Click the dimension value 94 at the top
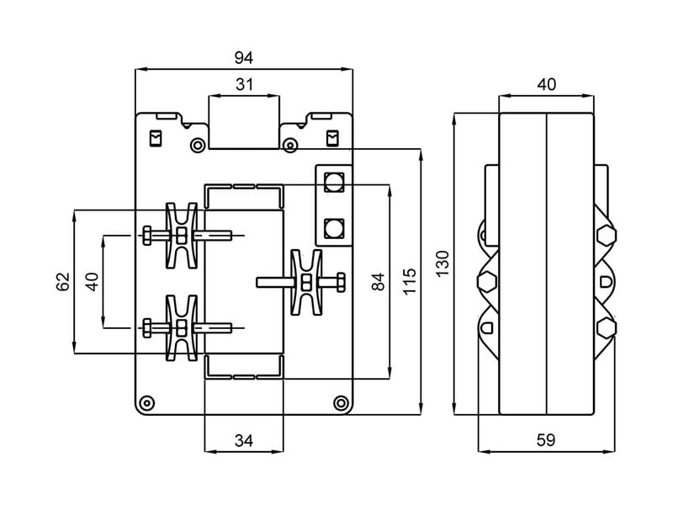pyautogui.click(x=244, y=58)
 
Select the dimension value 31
pyautogui.click(x=244, y=84)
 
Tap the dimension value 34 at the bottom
pyautogui.click(x=244, y=439)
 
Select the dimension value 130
pyautogui.click(x=443, y=263)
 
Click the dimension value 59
pyautogui.click(x=545, y=439)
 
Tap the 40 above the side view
pyautogui.click(x=547, y=84)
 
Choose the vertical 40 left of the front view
pyautogui.click(x=93, y=280)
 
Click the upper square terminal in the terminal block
pyautogui.click(x=334, y=181)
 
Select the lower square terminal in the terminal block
pyautogui.click(x=334, y=227)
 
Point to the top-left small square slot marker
pyautogui.click(x=155, y=137)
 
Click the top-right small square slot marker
pyautogui.click(x=332, y=137)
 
